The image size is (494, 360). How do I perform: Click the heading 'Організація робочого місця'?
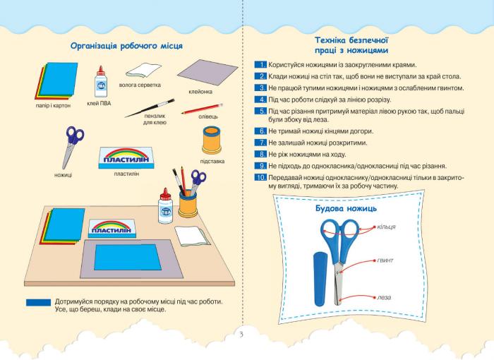(126, 46)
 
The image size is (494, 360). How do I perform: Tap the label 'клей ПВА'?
(99, 103)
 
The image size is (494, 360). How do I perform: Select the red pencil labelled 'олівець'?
(202, 109)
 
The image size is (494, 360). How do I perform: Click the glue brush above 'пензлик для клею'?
(150, 108)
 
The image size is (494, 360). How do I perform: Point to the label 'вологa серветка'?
(140, 85)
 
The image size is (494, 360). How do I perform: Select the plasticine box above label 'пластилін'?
(126, 157)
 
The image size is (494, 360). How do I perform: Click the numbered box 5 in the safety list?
(261, 111)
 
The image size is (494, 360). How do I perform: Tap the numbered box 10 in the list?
(261, 177)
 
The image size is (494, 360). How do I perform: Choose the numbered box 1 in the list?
(261, 65)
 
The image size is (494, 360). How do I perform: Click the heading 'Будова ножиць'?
(346, 208)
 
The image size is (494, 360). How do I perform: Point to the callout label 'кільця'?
(386, 227)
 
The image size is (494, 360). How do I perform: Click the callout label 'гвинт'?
(385, 260)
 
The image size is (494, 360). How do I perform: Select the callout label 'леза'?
(384, 297)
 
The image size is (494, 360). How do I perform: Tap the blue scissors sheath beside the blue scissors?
(321, 279)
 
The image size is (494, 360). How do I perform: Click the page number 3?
(241, 335)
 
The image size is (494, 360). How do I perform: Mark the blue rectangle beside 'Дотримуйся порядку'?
(38, 303)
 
